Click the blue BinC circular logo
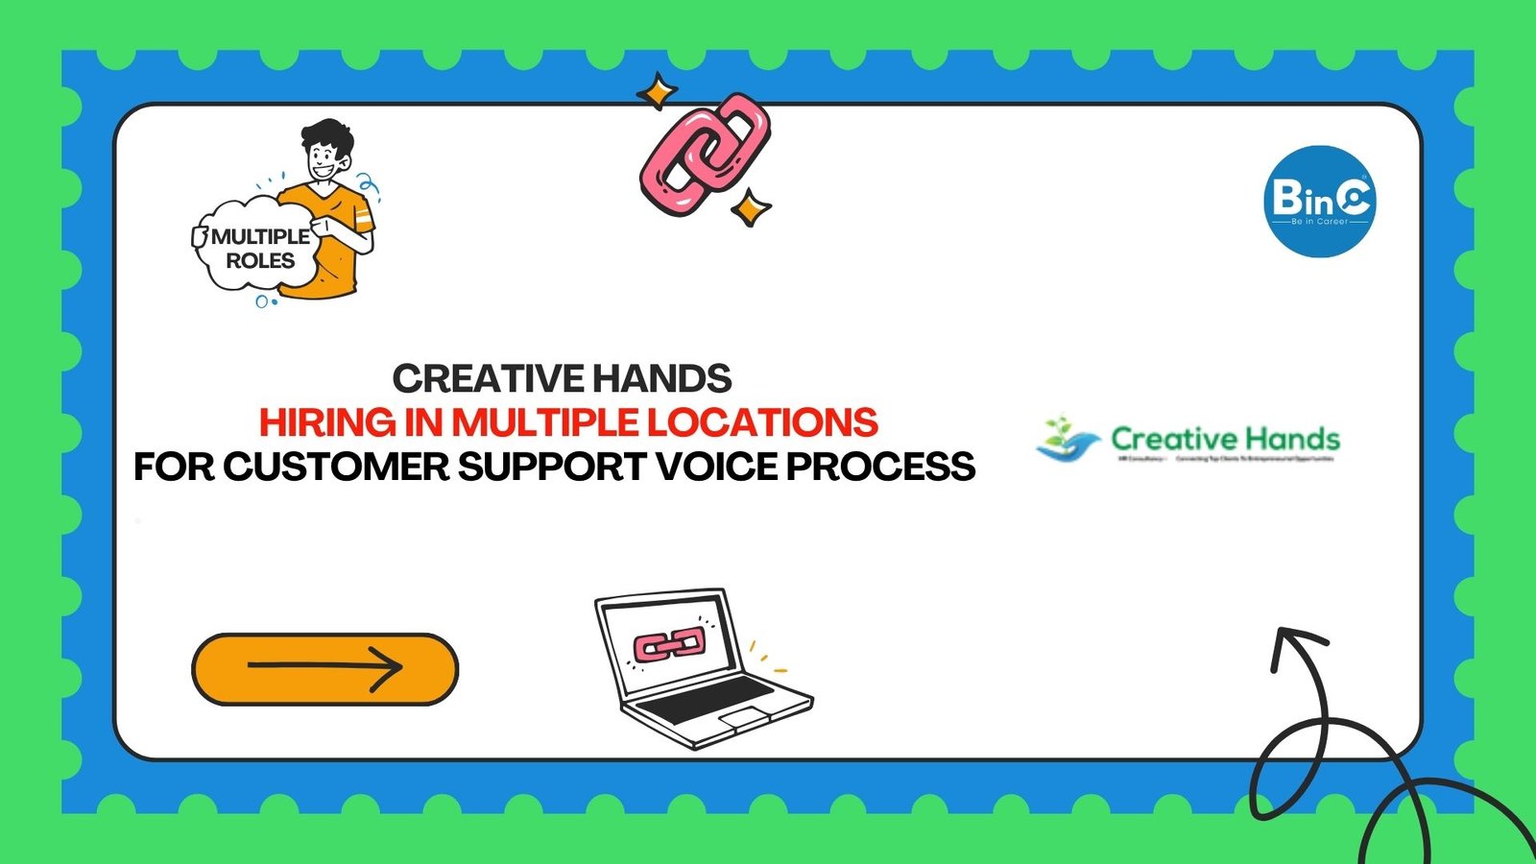point(1319,202)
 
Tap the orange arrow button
point(324,668)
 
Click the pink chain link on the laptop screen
point(669,645)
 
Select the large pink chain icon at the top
point(706,154)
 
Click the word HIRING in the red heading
point(327,422)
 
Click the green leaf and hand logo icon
point(1067,441)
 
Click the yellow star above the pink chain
point(658,92)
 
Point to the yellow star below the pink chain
point(750,207)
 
